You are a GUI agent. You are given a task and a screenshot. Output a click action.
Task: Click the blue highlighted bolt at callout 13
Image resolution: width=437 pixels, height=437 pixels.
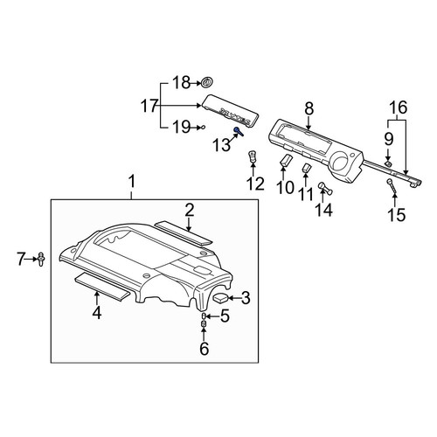tap(239, 131)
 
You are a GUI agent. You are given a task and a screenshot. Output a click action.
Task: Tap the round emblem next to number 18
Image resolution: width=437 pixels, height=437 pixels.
tap(207, 82)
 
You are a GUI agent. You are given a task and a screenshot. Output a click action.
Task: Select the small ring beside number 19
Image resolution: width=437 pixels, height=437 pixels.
tap(203, 127)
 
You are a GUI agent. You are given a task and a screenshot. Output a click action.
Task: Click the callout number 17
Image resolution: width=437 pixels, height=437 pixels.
tap(149, 106)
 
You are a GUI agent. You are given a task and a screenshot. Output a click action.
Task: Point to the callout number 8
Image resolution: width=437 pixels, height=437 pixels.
tap(309, 108)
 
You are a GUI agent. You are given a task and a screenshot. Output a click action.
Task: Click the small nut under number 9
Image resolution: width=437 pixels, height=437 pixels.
tap(388, 163)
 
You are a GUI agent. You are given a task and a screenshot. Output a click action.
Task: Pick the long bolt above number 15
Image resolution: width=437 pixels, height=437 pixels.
tap(392, 186)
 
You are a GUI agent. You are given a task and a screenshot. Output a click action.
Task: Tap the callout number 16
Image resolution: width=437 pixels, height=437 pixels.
tap(399, 108)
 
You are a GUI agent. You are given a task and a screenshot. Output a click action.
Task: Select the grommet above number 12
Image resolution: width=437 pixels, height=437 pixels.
tap(253, 156)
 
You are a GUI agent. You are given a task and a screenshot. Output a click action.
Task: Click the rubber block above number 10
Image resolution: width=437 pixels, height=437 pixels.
tap(285, 160)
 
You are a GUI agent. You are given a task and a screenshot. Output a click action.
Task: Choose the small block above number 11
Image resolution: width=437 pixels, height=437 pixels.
tap(306, 168)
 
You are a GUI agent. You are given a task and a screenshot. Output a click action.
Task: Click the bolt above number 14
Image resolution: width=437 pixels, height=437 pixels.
tap(325, 188)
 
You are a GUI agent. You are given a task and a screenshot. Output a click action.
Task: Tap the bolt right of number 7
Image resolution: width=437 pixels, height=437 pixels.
tap(41, 259)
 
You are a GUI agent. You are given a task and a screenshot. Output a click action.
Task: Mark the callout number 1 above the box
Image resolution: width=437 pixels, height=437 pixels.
tap(132, 182)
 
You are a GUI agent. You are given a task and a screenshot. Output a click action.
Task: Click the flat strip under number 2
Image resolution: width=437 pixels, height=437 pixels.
tap(184, 232)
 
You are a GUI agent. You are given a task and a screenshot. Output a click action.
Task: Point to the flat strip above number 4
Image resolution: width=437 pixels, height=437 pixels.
tap(102, 288)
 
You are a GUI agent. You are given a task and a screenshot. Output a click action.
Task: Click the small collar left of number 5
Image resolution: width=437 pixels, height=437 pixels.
tap(204, 316)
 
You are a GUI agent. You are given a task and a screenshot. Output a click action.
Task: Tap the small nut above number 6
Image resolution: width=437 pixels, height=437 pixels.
tap(204, 323)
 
